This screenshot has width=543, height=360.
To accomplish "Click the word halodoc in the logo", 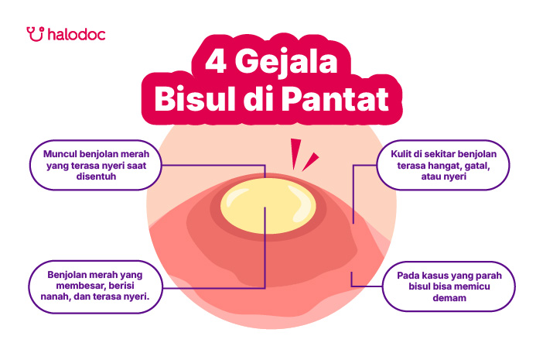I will [77, 34].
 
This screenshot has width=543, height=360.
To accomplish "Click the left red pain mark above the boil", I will [295, 154].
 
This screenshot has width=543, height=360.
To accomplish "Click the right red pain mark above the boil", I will [310, 162].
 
